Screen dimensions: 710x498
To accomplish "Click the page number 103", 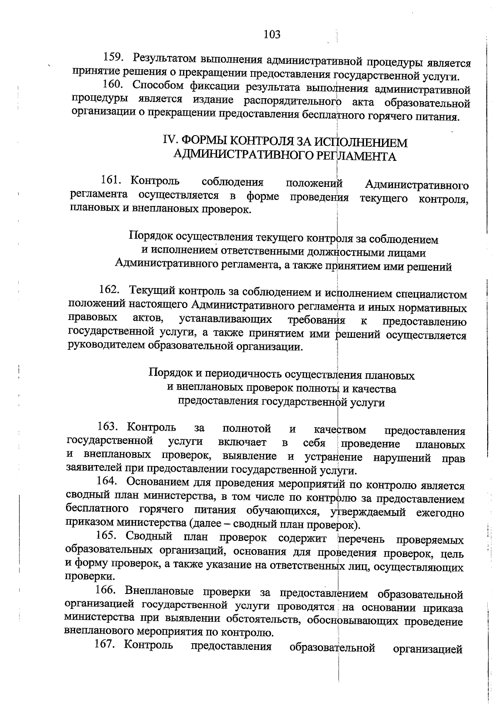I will coord(272,34).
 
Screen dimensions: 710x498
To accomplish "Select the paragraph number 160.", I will coord(111,85).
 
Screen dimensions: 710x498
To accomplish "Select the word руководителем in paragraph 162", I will coord(105,346).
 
